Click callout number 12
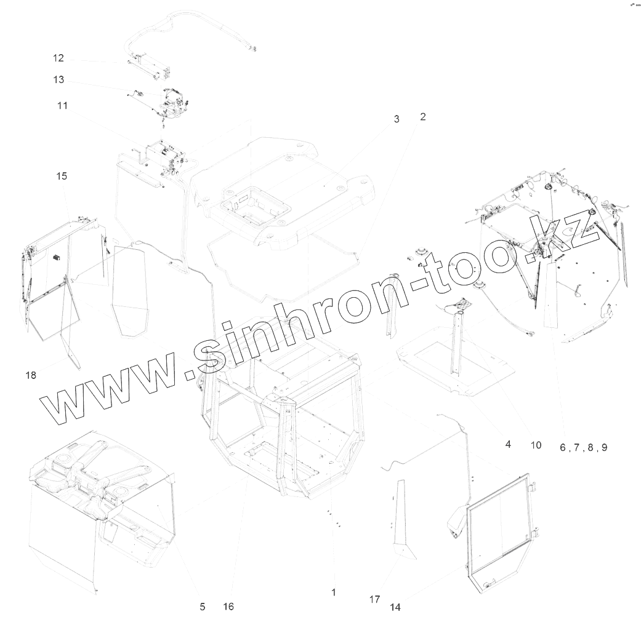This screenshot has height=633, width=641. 58,58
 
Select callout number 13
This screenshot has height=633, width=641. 58,80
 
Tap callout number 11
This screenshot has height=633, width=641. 62,106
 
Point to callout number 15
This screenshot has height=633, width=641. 62,176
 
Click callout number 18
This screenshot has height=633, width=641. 30,375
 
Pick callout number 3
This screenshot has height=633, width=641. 397,119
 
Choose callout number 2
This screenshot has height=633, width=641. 423,116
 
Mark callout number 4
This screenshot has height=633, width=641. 508,444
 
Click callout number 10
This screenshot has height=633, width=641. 536,445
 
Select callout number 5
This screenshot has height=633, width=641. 202,607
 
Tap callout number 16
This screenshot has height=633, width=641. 228,607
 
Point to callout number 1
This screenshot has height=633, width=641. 333,592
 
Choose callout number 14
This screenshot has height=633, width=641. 395,607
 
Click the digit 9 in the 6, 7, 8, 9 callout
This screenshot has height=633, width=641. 604,447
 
